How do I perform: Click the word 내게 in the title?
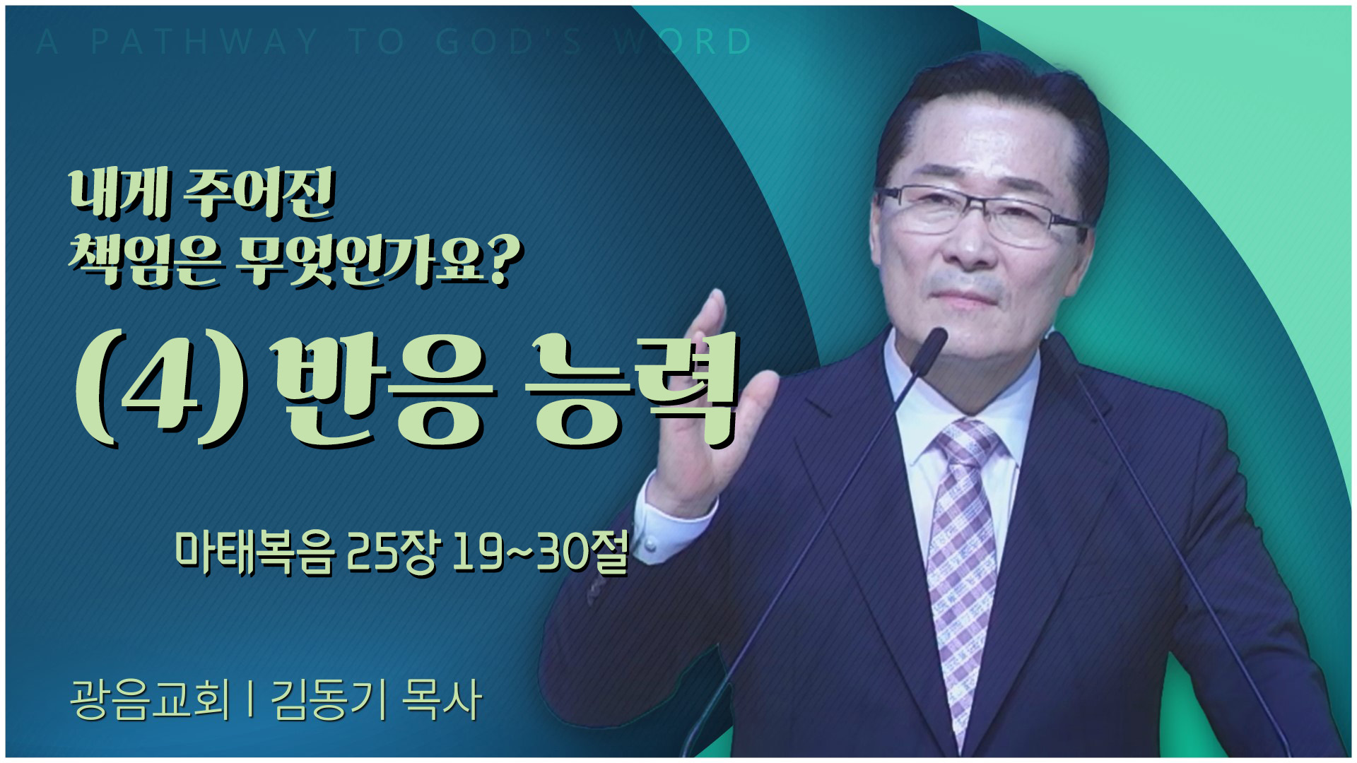[x=119, y=193]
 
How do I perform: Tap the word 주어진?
[x=258, y=193]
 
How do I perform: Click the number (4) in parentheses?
[x=162, y=391]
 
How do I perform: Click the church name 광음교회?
[x=151, y=699]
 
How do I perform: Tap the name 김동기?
[x=329, y=699]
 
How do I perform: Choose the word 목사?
[x=441, y=699]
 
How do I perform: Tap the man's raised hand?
[x=710, y=403]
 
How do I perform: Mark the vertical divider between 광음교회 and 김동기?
[x=251, y=699]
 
